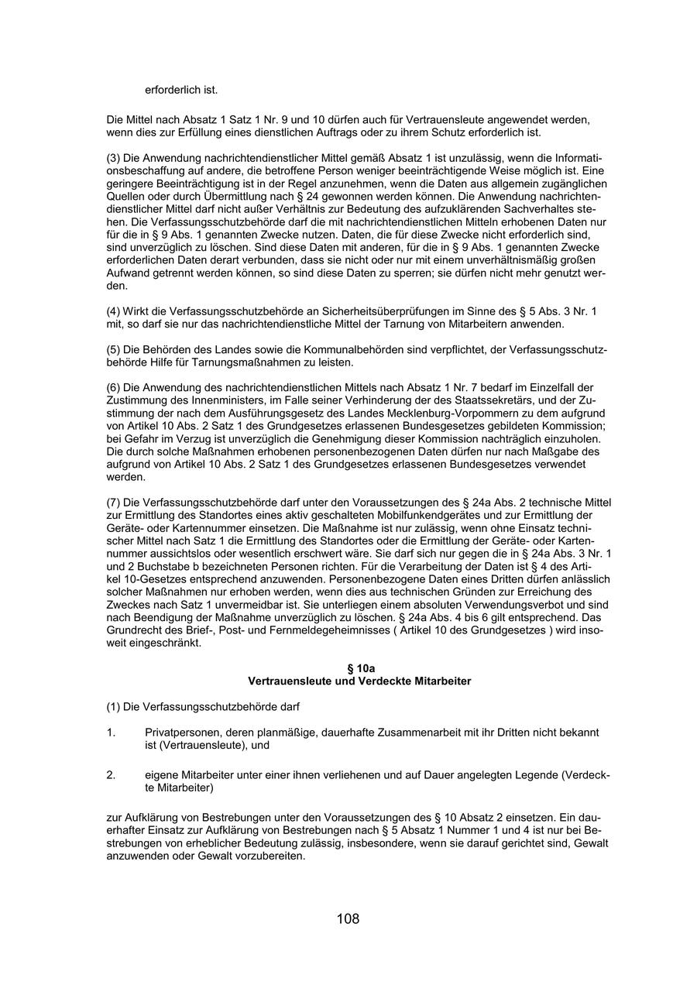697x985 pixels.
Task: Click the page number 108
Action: (348, 919)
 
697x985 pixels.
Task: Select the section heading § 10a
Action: (359, 668)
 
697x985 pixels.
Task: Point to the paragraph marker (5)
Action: (113, 349)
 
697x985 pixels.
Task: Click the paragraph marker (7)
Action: (113, 503)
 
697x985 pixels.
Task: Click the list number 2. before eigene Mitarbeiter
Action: (111, 775)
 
